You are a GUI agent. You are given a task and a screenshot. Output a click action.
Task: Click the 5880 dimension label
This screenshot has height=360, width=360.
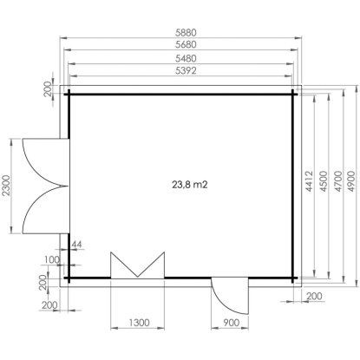[186, 32]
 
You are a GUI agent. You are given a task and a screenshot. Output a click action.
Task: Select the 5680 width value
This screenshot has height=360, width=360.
[186, 44]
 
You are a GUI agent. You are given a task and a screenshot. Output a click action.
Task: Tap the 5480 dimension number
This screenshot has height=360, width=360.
[186, 58]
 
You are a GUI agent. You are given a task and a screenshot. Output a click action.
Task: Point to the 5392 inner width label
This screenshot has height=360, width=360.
[186, 70]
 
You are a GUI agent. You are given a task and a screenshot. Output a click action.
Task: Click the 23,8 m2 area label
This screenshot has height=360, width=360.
[190, 185]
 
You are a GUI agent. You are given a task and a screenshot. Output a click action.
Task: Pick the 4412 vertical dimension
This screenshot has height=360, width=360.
[310, 181]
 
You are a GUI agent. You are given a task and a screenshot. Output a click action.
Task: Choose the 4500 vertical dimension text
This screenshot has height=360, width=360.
[324, 181]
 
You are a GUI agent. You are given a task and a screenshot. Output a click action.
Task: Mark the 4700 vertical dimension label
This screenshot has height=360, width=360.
[337, 181]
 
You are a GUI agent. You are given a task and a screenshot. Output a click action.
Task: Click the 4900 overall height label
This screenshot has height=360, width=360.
[351, 181]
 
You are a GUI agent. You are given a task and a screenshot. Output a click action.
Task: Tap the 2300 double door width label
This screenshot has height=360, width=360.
[6, 186]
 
